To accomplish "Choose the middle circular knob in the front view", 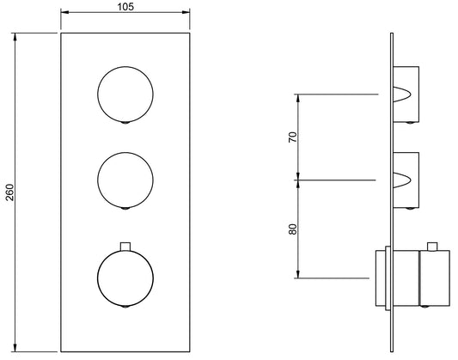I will point(125,178).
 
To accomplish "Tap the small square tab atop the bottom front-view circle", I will point(125,247).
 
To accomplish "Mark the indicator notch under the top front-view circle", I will point(125,124).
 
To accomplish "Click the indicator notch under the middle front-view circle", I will point(125,207).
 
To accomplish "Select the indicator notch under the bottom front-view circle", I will point(125,306).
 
